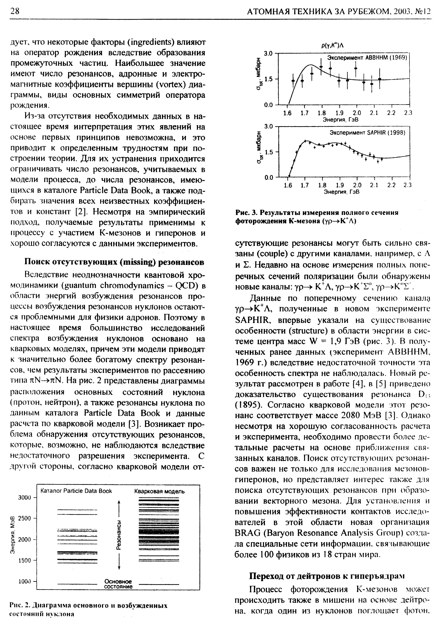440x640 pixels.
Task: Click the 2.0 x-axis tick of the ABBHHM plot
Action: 357,113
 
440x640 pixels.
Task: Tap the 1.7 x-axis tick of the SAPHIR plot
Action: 305,185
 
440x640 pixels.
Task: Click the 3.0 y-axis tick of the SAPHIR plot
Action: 268,126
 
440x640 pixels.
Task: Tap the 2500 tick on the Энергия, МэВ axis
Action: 25,518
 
